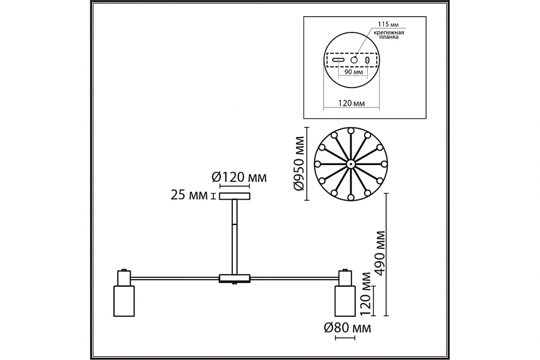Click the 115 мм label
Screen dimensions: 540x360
(x=388, y=24)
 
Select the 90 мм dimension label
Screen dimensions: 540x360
(x=354, y=72)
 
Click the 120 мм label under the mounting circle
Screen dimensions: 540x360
(x=352, y=103)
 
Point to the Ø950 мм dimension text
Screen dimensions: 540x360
(x=299, y=164)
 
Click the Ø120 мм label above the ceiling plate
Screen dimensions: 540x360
(x=239, y=177)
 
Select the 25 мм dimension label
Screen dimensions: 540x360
(x=189, y=195)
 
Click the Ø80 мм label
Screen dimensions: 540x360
(x=347, y=328)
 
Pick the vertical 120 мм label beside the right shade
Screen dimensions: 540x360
(x=365, y=294)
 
